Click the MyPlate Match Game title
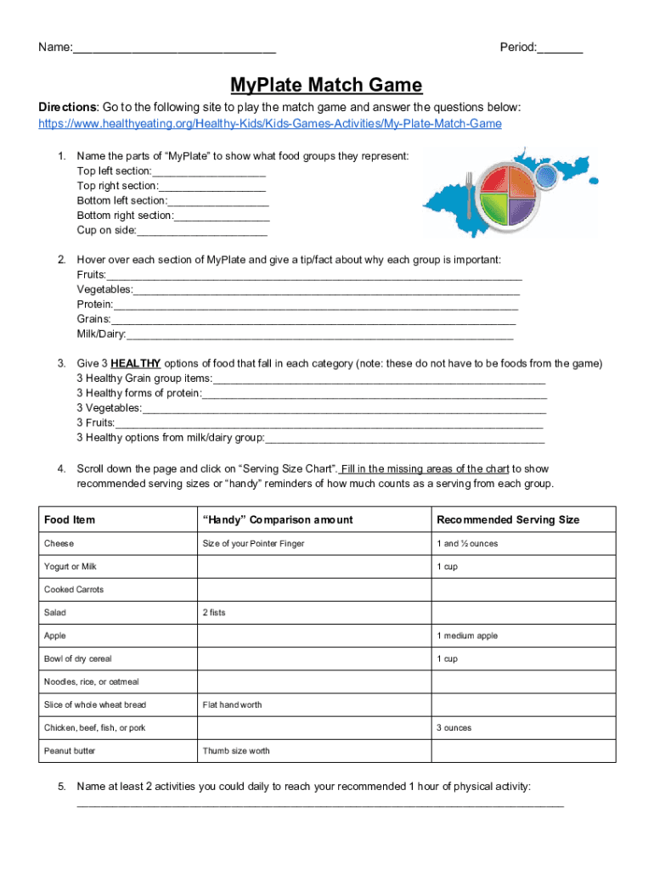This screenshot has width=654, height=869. pyautogui.click(x=326, y=86)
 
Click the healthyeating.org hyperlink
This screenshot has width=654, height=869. pyautogui.click(x=270, y=124)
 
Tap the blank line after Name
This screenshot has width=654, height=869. pyautogui.click(x=174, y=48)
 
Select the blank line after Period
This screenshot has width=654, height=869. pyautogui.click(x=560, y=48)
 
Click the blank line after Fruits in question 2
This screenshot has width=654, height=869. pyautogui.click(x=314, y=276)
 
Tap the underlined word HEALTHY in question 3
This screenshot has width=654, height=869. pyautogui.click(x=136, y=363)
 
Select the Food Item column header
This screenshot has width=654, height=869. pyautogui.click(x=70, y=520)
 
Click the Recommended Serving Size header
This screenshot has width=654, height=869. pyautogui.click(x=508, y=520)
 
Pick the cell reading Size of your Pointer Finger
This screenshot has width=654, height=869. pyautogui.click(x=253, y=544)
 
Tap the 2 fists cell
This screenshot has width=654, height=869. pyautogui.click(x=214, y=613)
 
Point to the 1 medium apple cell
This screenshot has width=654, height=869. pyautogui.click(x=467, y=636)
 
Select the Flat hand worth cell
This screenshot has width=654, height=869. pyautogui.click(x=232, y=705)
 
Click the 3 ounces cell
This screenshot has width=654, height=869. pyautogui.click(x=454, y=728)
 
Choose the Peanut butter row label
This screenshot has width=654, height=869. pyautogui.click(x=70, y=751)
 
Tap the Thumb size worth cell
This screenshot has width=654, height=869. pyautogui.click(x=236, y=751)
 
